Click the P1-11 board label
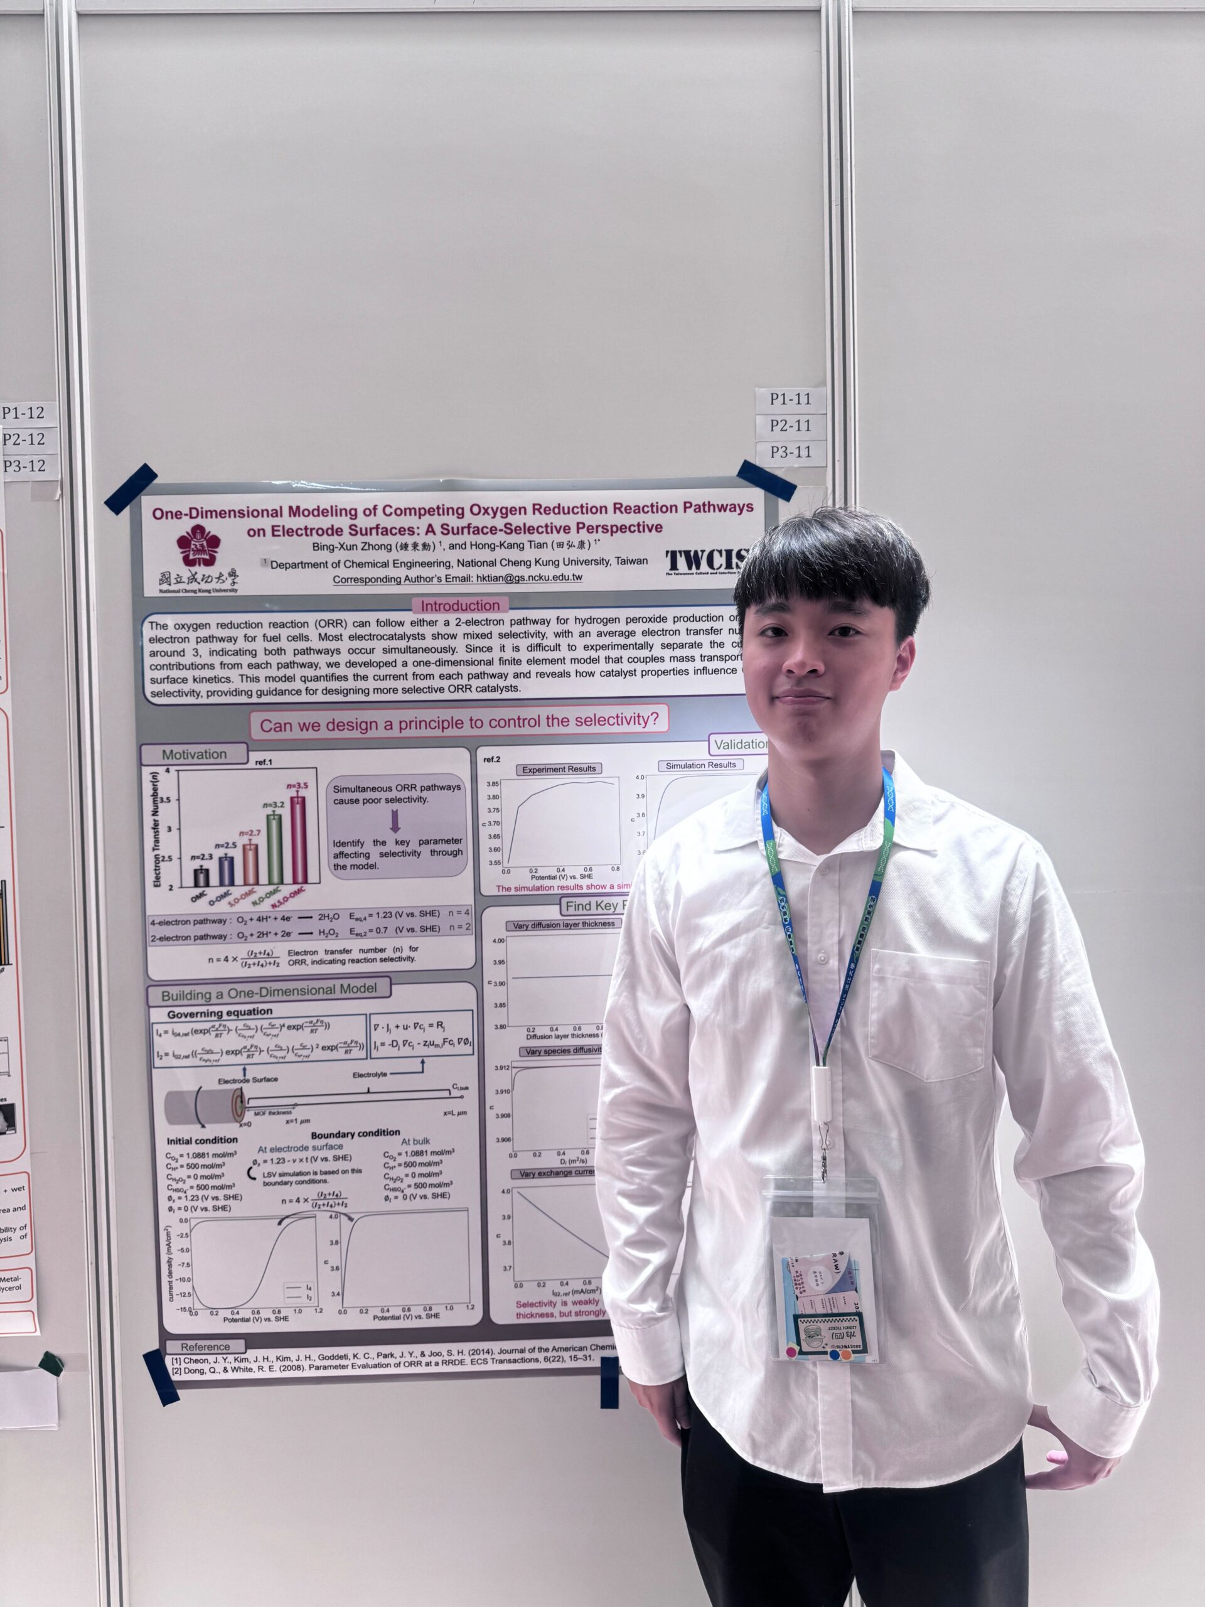[x=790, y=399]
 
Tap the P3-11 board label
[x=790, y=452]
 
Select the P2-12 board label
[x=24, y=439]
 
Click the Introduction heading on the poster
[x=460, y=605]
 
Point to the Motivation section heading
[x=194, y=754]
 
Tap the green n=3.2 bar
[x=274, y=849]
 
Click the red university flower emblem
[x=199, y=546]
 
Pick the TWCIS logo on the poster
[x=705, y=560]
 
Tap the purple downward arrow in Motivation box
[x=395, y=821]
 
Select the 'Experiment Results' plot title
[x=559, y=768]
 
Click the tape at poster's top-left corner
[x=131, y=488]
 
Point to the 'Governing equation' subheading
[x=220, y=1013]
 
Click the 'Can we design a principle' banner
[x=459, y=723]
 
